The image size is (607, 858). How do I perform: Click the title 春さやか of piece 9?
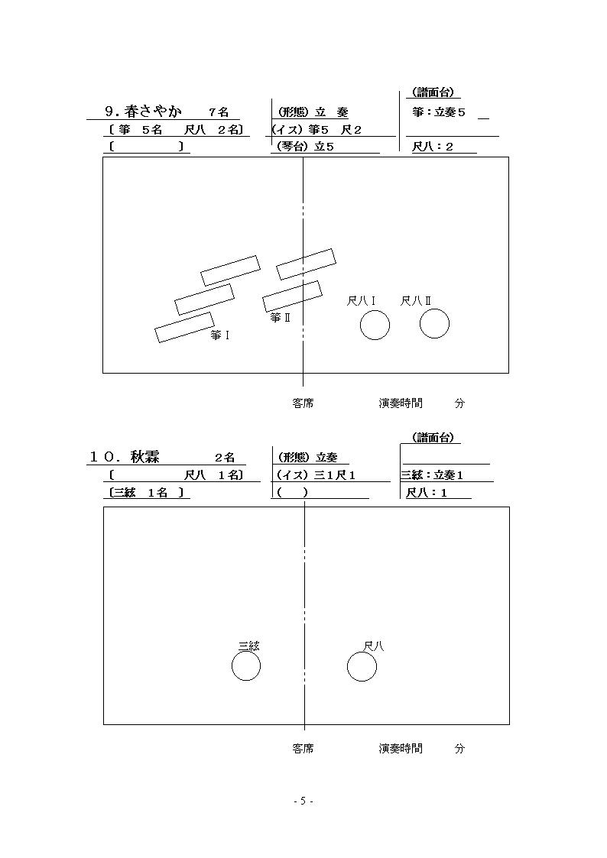click(152, 112)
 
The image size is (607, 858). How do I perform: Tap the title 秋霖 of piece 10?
click(145, 457)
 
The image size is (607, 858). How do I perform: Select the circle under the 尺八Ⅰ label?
click(375, 325)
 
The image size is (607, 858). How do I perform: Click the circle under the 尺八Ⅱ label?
click(434, 323)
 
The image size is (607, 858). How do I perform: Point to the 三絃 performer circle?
click(246, 666)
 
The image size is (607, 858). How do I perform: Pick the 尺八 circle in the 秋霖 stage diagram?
click(362, 667)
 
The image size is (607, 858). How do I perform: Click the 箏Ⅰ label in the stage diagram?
click(219, 335)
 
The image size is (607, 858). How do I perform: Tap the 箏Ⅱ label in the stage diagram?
click(280, 317)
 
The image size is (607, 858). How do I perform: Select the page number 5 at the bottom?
click(303, 801)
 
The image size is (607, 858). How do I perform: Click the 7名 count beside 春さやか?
click(219, 113)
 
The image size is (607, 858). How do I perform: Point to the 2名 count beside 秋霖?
click(225, 458)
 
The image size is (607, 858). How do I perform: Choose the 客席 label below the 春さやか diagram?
click(303, 403)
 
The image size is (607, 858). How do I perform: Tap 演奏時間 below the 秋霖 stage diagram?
click(401, 748)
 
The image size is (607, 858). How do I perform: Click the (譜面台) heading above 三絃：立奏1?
click(433, 437)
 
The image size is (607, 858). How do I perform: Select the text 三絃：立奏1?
click(433, 475)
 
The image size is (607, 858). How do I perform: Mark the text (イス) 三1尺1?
click(316, 475)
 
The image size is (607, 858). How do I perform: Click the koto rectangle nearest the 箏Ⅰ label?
click(184, 327)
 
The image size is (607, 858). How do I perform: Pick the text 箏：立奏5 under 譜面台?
click(439, 112)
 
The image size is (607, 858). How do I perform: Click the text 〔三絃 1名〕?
click(146, 493)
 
